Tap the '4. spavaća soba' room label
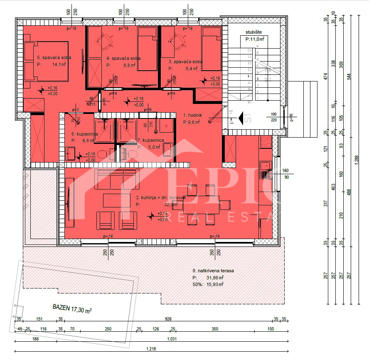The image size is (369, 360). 123,58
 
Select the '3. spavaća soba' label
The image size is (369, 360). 185,62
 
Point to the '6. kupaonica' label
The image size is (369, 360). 85,134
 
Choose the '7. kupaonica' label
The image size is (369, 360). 150,140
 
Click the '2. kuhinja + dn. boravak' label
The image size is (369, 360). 160,198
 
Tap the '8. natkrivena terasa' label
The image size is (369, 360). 213,271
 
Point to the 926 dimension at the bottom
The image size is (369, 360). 168,319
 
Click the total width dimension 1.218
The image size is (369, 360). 151,349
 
